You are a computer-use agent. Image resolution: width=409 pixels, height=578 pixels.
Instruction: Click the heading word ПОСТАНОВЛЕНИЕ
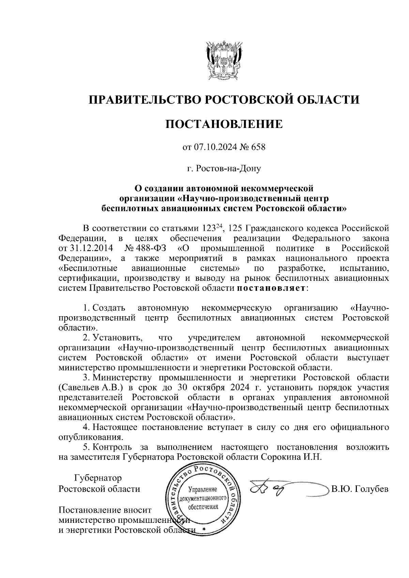pos(224,124)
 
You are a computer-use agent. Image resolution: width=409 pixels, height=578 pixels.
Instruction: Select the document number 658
pos(258,147)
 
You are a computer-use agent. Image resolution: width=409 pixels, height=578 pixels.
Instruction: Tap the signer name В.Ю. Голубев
pos(360,489)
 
